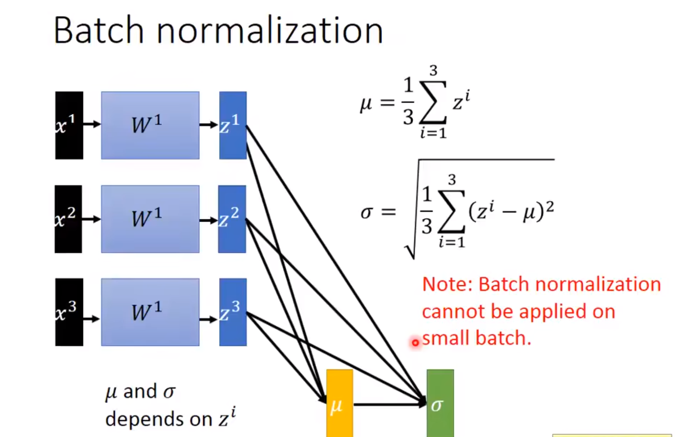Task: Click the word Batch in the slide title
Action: pyautogui.click(x=98, y=31)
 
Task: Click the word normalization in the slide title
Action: pyautogui.click(x=270, y=31)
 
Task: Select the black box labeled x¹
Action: pyautogui.click(x=69, y=125)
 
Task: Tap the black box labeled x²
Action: pyautogui.click(x=68, y=219)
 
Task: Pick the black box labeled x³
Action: pyautogui.click(x=69, y=312)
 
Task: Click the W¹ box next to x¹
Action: pyautogui.click(x=150, y=125)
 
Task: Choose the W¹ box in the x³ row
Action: pyautogui.click(x=150, y=312)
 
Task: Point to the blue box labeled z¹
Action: pyautogui.click(x=233, y=125)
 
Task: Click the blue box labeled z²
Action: pyautogui.click(x=232, y=219)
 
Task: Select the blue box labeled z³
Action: pyautogui.click(x=233, y=312)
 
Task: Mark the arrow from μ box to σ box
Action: pyautogui.click(x=389, y=405)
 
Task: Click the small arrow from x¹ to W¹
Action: pyautogui.click(x=92, y=124)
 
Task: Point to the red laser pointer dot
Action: pyautogui.click(x=415, y=343)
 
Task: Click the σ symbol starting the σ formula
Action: pyautogui.click(x=366, y=213)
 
